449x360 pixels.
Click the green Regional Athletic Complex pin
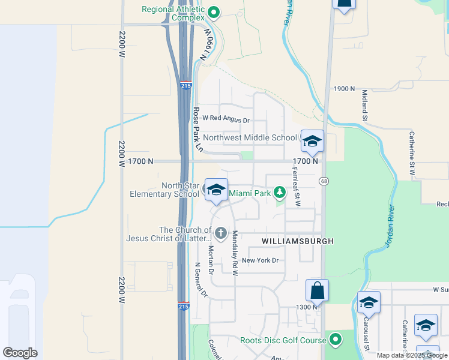[x=213, y=12]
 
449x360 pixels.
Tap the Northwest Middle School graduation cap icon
[x=312, y=141]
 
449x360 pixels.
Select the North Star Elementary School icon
[x=215, y=190]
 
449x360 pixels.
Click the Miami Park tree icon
[x=279, y=193]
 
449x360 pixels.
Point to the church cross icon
[x=221, y=233]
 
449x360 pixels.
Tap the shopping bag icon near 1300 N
[x=317, y=291]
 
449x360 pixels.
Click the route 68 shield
[x=324, y=181]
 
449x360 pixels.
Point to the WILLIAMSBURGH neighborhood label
[x=297, y=241]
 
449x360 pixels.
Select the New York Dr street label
[x=261, y=260]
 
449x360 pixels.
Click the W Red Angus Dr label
[x=226, y=118]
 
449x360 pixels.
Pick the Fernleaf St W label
[x=295, y=186]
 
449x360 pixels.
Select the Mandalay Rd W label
[x=235, y=252]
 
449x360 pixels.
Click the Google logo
[x=20, y=353]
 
